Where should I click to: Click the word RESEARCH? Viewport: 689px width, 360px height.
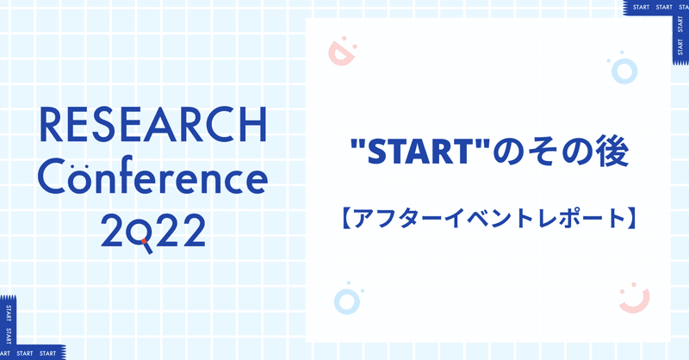click(x=153, y=124)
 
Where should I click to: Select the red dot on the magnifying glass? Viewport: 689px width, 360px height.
click(x=144, y=241)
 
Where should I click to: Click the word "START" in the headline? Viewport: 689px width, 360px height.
click(x=420, y=152)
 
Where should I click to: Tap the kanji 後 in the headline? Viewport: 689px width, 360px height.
click(x=612, y=152)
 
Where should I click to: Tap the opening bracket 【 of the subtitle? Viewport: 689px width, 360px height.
click(x=346, y=220)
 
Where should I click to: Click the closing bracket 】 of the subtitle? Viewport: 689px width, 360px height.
click(x=630, y=220)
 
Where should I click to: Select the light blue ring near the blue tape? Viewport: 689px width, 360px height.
click(x=624, y=71)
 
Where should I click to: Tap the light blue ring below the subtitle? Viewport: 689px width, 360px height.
click(x=347, y=302)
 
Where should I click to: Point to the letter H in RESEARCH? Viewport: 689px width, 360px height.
click(x=254, y=125)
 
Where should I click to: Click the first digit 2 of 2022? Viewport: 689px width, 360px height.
click(x=114, y=231)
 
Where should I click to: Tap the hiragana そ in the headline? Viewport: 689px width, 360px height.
click(x=543, y=152)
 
